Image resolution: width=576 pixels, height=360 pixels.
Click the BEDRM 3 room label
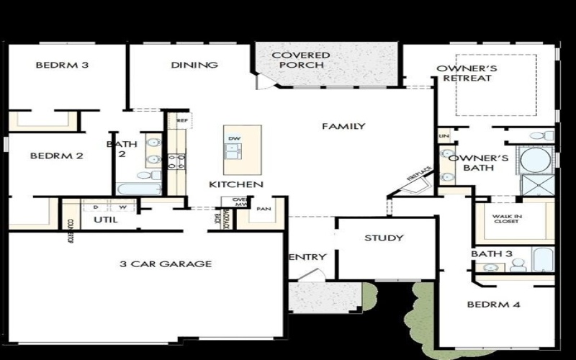coord(62,66)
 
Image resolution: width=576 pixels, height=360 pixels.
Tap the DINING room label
coord(194,66)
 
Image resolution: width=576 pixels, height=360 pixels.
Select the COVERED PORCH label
coord(301,60)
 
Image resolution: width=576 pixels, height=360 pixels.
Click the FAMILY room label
coord(343,127)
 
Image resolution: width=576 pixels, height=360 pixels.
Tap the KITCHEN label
coord(230,185)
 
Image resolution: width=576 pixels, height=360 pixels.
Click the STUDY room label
coord(384,238)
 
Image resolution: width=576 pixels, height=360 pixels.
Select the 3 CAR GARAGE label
coord(166,264)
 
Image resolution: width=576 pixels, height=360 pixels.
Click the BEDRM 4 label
coord(493,305)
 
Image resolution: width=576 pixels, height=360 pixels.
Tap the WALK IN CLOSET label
coord(507,220)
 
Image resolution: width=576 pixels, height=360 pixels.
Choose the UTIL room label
coord(105,220)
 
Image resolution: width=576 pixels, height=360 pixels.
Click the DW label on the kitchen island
coord(234,138)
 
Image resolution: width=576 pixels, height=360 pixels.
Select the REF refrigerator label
coord(182,121)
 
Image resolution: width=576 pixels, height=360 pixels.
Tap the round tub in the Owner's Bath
coord(535,161)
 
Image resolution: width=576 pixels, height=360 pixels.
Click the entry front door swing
coord(311,276)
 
